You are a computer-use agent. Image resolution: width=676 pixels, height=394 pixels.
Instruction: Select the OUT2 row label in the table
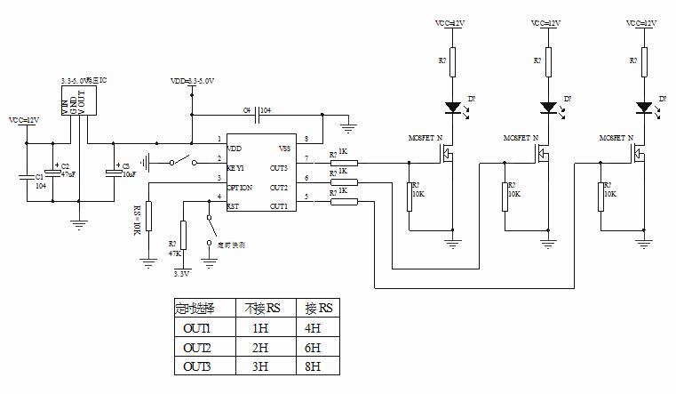click(196, 346)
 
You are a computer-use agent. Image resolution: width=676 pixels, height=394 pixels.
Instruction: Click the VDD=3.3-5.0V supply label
click(195, 80)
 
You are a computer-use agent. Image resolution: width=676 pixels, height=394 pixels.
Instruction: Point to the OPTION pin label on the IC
click(240, 188)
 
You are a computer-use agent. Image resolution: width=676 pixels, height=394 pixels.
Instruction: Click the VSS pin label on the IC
click(285, 148)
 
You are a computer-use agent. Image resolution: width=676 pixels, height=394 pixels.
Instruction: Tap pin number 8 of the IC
click(306, 140)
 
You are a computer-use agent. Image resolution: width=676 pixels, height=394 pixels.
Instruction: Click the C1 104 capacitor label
click(40, 181)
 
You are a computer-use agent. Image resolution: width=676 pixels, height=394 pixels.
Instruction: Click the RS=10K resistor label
click(138, 221)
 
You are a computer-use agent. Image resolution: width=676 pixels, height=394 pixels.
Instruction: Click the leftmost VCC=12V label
click(23, 119)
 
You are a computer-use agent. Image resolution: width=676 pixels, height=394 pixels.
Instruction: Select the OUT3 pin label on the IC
click(279, 167)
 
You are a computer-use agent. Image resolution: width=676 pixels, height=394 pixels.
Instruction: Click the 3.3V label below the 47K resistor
click(182, 275)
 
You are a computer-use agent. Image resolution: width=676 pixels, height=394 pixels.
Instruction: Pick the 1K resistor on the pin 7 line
click(345, 163)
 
